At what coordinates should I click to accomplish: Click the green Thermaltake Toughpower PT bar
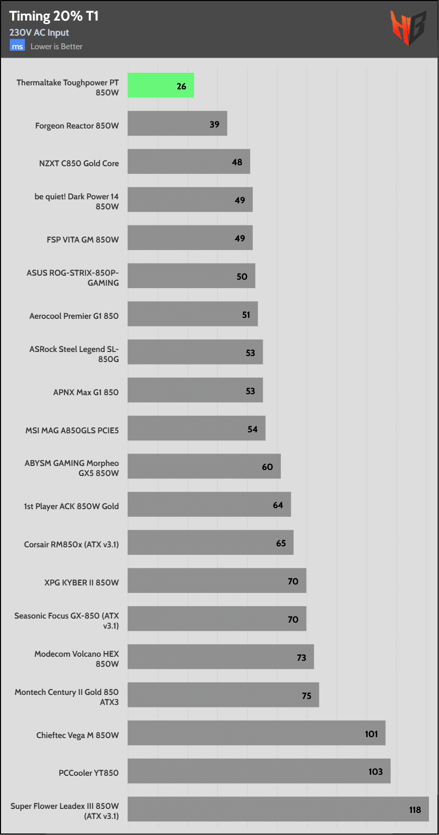pos(160,85)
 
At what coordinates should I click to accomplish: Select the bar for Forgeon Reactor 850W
pos(177,124)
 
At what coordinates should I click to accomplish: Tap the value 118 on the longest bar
pos(415,809)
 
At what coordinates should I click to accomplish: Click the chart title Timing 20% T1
pos(54,16)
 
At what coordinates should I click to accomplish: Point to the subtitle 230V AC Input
pos(39,33)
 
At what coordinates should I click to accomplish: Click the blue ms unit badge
pos(17,46)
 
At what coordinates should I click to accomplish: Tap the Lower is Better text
pos(56,47)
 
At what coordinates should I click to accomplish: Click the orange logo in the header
pos(408,28)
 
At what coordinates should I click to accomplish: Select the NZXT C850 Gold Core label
pos(79,163)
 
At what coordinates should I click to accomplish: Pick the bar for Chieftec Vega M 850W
pos(256,733)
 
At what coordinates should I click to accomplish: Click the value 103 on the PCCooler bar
pos(375,772)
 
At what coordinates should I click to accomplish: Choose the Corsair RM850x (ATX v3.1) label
pos(71,544)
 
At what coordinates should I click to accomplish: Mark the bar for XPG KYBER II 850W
pos(216,580)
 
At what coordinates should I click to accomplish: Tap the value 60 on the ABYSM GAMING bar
pos(267,467)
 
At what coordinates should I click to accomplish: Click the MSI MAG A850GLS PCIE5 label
pos(72,430)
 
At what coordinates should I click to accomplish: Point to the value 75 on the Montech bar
pos(306,695)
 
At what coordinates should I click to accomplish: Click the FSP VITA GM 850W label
pos(83,240)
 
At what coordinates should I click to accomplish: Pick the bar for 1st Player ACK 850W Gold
pos(209,504)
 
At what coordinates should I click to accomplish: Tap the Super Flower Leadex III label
pos(65,811)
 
